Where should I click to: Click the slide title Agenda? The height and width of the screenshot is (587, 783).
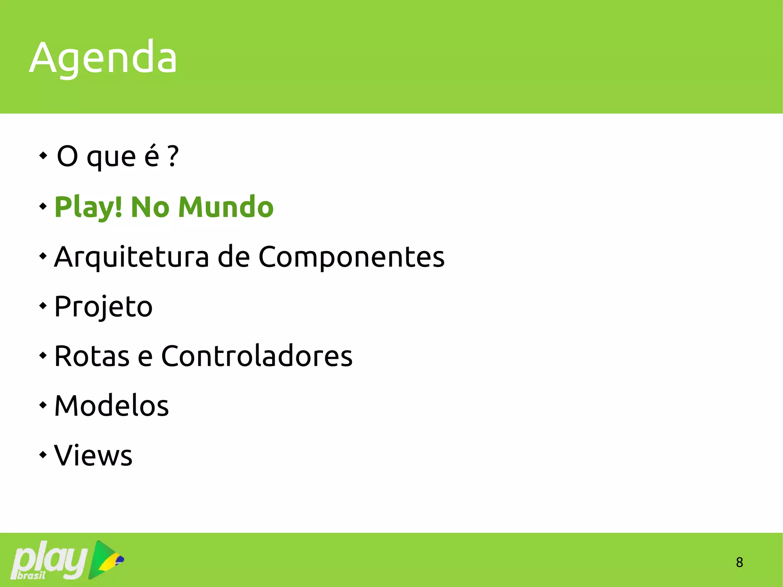(x=103, y=57)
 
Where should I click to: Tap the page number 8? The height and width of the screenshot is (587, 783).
(x=739, y=562)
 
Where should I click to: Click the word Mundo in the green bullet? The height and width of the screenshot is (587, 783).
(x=226, y=207)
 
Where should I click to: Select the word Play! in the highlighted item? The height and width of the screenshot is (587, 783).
(x=88, y=207)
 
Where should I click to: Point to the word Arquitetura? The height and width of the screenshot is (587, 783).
(x=132, y=257)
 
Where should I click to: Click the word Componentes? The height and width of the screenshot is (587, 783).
(x=351, y=257)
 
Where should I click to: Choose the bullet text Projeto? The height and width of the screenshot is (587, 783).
(x=103, y=306)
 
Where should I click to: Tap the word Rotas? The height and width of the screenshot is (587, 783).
(x=92, y=356)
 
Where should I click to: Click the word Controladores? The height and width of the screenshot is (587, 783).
(x=257, y=356)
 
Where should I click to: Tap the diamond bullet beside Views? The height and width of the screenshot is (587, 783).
(x=43, y=455)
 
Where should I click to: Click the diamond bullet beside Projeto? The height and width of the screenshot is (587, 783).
(x=43, y=306)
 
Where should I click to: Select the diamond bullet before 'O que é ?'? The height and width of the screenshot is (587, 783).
(x=43, y=156)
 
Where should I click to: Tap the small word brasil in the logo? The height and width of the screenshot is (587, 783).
(x=31, y=575)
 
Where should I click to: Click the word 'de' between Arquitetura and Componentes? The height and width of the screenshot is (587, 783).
(x=234, y=257)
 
